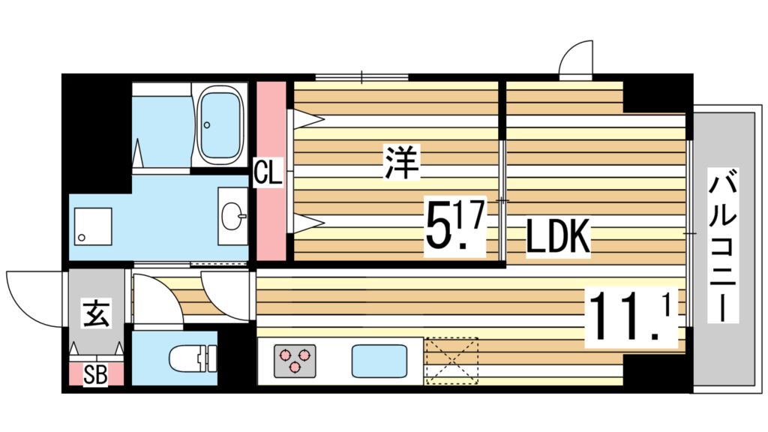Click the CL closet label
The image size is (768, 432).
click(x=267, y=173)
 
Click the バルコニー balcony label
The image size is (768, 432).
click(x=724, y=246)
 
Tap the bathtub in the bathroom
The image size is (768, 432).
click(x=221, y=124)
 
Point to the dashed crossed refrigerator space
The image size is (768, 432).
click(x=451, y=360)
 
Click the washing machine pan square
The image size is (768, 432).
click(x=92, y=226)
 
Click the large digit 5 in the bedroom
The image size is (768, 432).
click(x=438, y=226)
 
